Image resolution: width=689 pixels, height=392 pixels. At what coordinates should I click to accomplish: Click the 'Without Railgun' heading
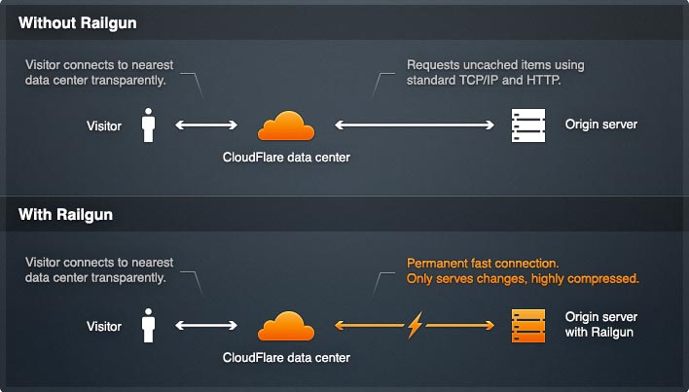[77, 22]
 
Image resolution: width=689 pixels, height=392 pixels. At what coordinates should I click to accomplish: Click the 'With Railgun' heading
[65, 215]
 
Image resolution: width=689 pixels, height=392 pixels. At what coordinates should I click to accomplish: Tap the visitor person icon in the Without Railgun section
[149, 125]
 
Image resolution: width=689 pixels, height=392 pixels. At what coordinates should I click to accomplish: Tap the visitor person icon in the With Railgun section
[149, 325]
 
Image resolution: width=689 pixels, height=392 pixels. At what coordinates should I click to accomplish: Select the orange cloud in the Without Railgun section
[286, 126]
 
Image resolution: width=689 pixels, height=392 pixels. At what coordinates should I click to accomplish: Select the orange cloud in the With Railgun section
[286, 326]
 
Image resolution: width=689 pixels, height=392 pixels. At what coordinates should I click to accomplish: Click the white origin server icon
[528, 125]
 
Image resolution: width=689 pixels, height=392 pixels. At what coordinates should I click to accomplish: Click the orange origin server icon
[528, 326]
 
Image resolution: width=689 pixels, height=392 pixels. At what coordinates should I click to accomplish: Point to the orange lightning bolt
[415, 325]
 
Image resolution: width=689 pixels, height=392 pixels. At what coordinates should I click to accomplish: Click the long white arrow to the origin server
[415, 125]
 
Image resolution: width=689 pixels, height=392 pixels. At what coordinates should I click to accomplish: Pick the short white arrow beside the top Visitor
[206, 125]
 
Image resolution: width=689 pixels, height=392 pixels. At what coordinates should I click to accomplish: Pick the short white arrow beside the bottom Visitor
[206, 325]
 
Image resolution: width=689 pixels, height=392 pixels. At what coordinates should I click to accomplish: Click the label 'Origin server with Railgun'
[601, 325]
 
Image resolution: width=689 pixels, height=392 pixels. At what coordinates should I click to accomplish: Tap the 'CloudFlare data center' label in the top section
[286, 158]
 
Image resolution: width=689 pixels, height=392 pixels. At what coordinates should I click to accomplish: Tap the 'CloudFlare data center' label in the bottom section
[286, 358]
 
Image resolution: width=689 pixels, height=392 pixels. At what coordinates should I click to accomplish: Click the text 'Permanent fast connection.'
[483, 264]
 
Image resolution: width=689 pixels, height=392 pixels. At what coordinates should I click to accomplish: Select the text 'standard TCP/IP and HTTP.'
[484, 81]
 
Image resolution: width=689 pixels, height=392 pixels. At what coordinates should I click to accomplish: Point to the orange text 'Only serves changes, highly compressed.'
[523, 279]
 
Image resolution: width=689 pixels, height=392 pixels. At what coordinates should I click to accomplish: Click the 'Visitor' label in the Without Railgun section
[104, 126]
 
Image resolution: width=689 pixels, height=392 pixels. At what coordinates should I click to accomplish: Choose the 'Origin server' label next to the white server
[601, 125]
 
